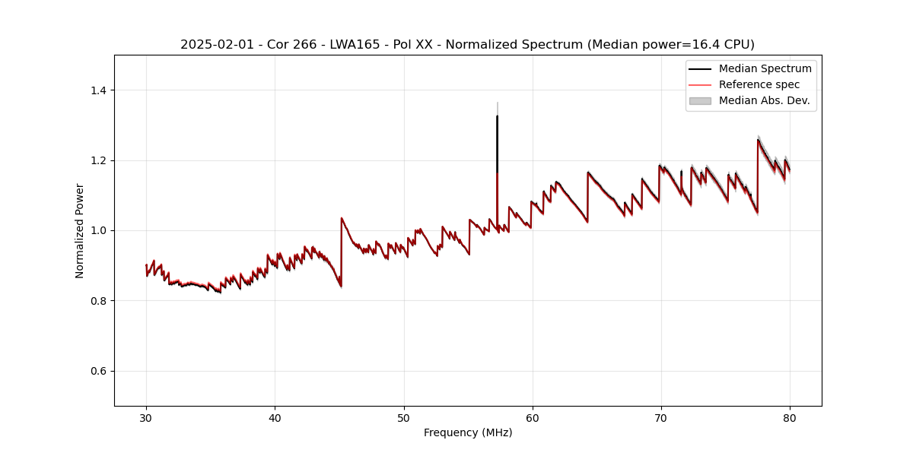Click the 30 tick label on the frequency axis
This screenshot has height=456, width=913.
click(x=146, y=417)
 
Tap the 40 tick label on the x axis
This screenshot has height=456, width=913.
click(x=275, y=417)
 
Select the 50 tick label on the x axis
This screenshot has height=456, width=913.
click(x=404, y=417)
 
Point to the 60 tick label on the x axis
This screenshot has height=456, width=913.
click(x=533, y=417)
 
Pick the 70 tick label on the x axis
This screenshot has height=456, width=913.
click(x=661, y=417)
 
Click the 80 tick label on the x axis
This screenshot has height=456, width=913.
click(x=790, y=417)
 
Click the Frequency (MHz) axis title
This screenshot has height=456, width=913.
click(x=468, y=432)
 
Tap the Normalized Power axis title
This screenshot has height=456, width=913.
click(x=80, y=230)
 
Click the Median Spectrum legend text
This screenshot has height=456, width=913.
click(x=765, y=68)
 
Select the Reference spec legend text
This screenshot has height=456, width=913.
click(x=759, y=84)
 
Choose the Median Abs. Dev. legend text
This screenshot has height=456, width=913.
click(x=765, y=100)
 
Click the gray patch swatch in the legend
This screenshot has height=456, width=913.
click(x=700, y=100)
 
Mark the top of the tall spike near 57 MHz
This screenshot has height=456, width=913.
click(x=497, y=116)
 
